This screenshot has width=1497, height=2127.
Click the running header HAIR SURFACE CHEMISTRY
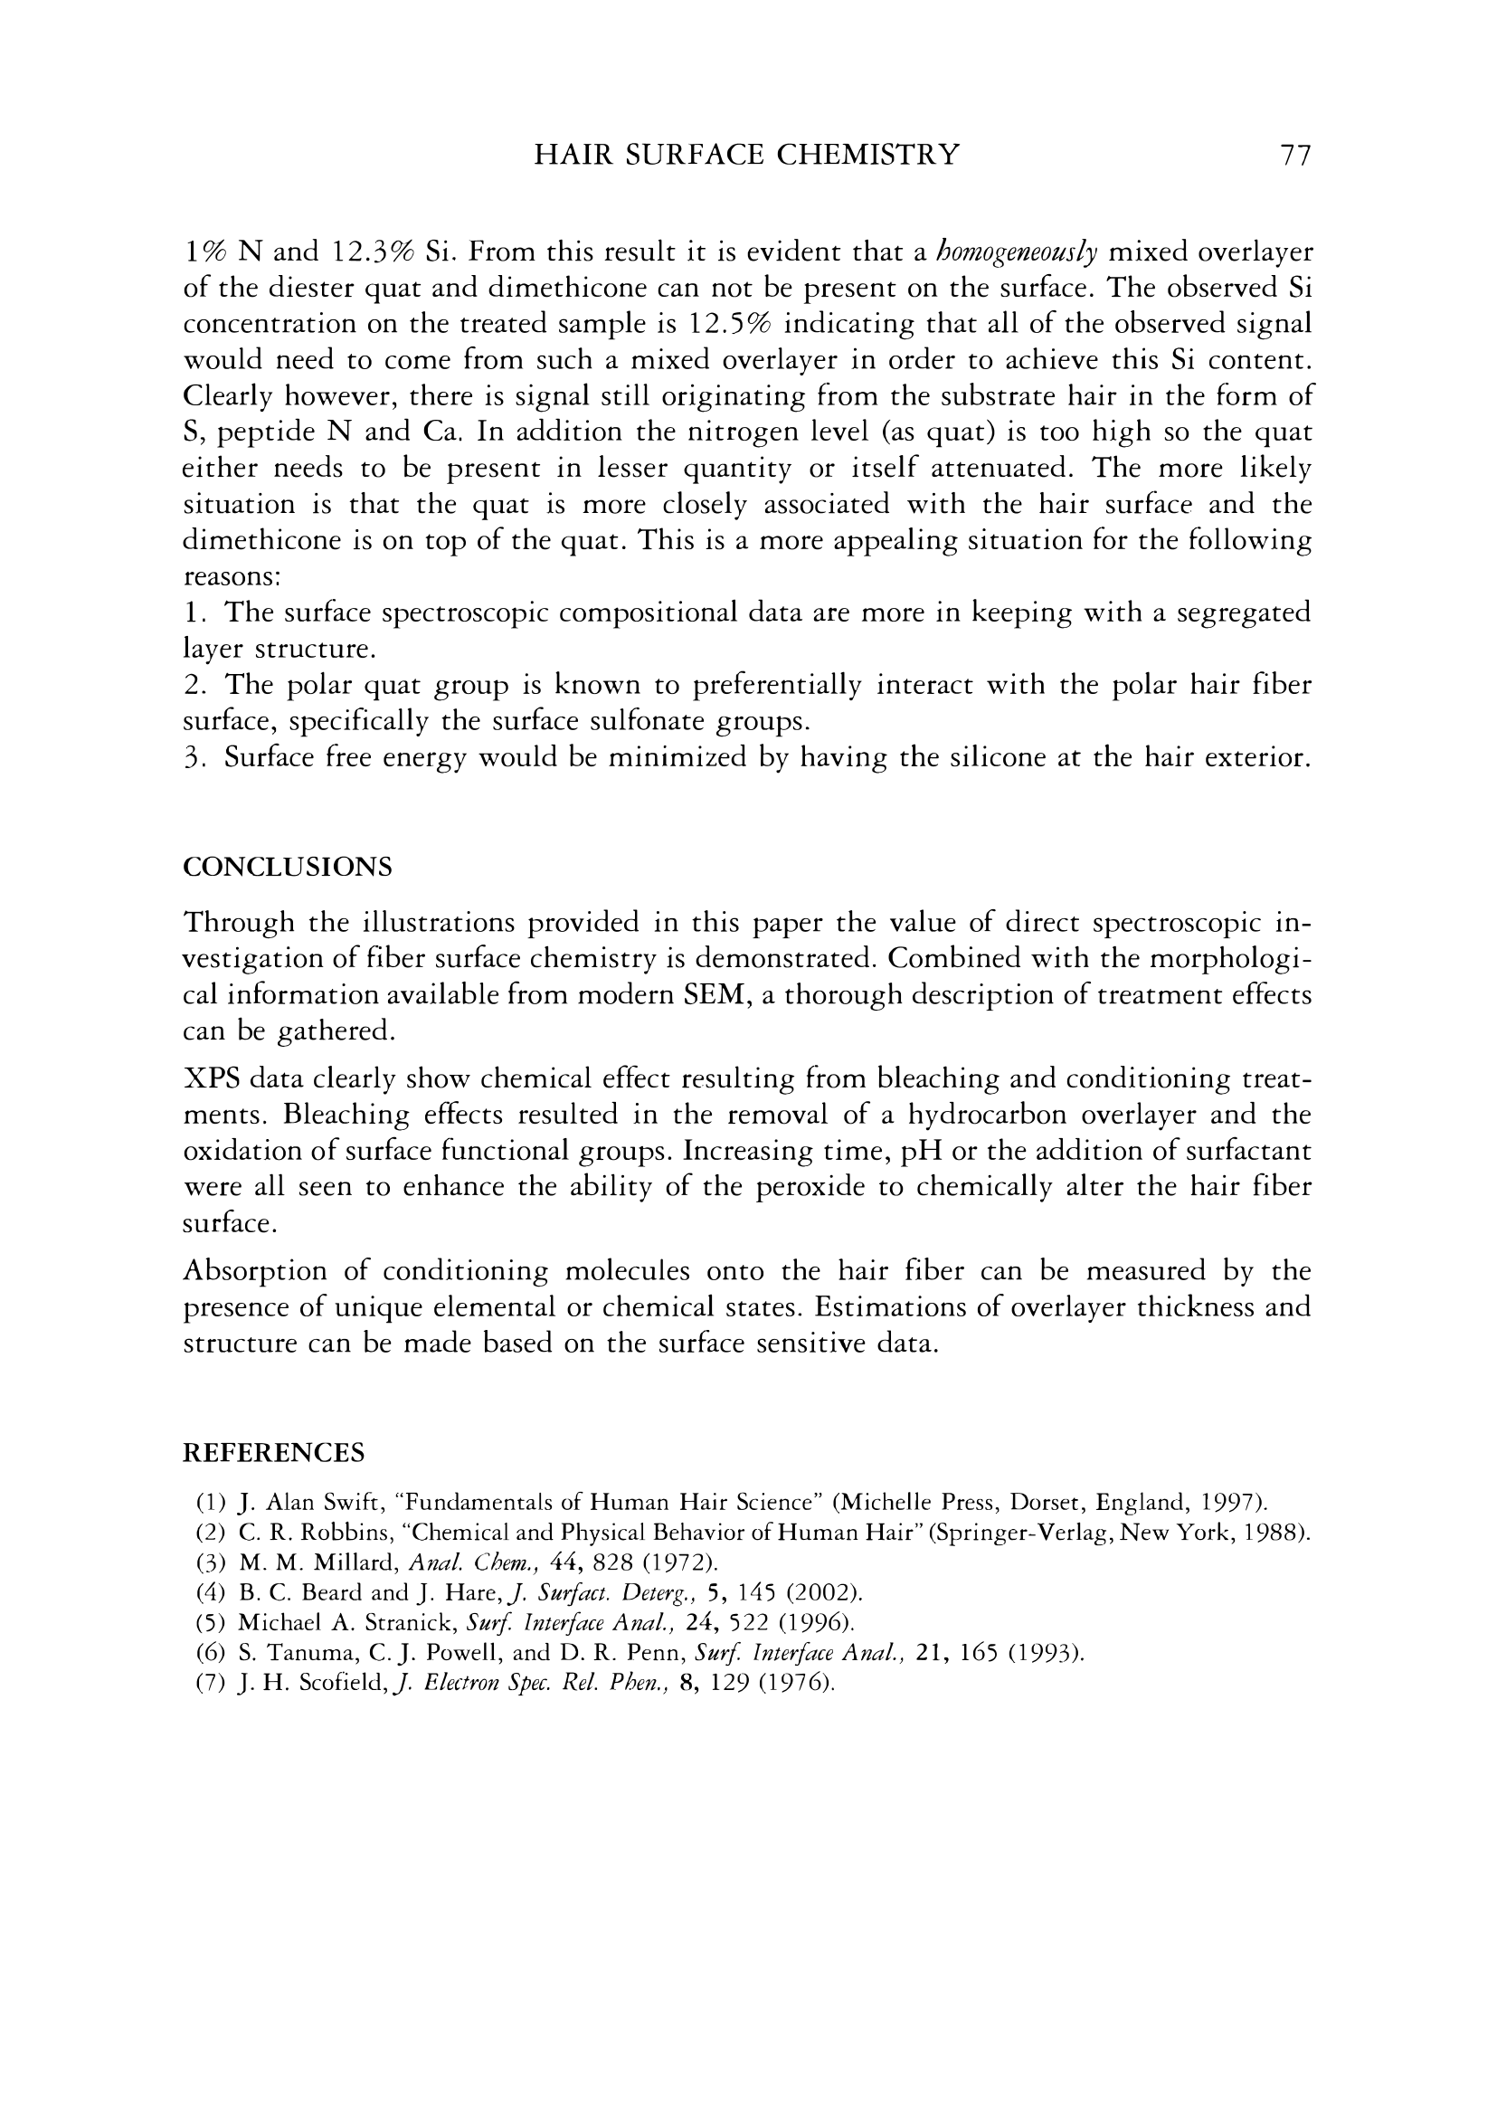[746, 155]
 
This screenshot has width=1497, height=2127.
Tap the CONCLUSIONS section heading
[289, 867]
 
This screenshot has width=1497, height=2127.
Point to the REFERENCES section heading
[274, 1452]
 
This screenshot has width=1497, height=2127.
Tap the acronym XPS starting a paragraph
[210, 1079]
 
